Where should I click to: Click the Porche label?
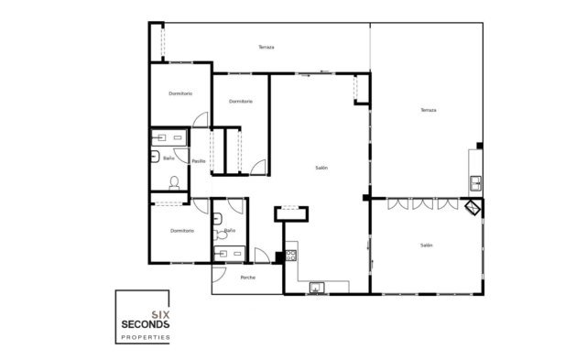coord(247,278)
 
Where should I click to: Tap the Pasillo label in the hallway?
coord(199,161)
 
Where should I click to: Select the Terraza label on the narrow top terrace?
coord(266,47)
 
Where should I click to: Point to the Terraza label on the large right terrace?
coord(429,110)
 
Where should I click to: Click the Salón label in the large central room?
coord(321,168)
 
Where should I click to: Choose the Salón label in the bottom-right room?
coord(426,245)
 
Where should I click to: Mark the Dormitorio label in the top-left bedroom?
coord(180,93)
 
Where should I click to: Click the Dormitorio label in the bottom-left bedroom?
coord(182,231)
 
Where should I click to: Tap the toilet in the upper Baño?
coord(174,182)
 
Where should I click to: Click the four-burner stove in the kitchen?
coord(291,256)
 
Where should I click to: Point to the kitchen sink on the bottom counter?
coord(316,288)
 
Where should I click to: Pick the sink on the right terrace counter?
coord(476,182)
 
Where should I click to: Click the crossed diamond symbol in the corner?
coord(473,208)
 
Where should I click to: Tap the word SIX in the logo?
coord(160,315)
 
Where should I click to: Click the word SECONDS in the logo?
coord(145,324)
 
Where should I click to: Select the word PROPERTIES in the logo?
coord(146,337)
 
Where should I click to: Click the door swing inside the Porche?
coord(219,275)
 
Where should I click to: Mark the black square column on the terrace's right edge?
coord(480,146)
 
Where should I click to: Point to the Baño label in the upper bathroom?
coord(168,158)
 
